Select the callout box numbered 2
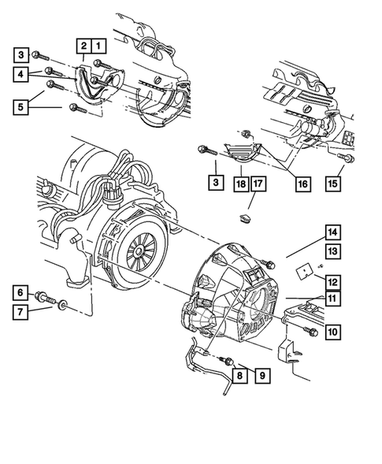click(x=83, y=46)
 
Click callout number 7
click(x=22, y=311)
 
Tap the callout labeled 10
click(x=332, y=332)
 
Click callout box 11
click(x=332, y=298)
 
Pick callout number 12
click(x=332, y=280)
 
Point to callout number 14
click(x=332, y=232)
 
